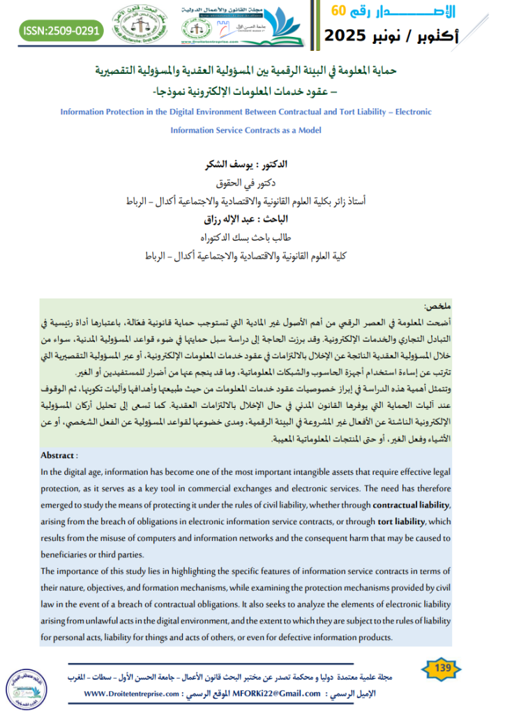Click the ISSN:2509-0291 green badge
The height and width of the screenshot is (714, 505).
point(62,31)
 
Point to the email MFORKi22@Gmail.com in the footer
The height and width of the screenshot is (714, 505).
point(290,694)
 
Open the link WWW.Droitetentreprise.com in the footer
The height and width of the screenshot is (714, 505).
point(132,694)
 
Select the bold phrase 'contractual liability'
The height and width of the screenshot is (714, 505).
point(412,504)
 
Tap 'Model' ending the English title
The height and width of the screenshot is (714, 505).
point(307,130)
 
